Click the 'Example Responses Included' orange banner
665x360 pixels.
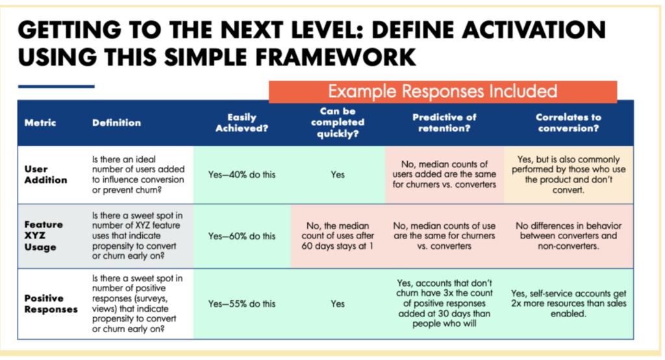[442, 91]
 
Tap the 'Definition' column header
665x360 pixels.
[116, 122]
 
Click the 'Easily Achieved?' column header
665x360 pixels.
[242, 122]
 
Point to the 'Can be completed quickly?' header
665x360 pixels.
[338, 122]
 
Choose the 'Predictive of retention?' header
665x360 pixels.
[444, 122]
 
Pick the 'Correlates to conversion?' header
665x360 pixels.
[568, 122]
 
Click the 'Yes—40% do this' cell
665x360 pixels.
[242, 175]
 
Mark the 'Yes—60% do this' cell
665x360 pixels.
[242, 235]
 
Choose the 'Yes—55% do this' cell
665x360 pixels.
[242, 303]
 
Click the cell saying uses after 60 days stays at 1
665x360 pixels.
[338, 235]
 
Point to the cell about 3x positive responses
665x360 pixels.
[444, 303]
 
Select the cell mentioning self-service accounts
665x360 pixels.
[568, 303]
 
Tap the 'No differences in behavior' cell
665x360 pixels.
[568, 235]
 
